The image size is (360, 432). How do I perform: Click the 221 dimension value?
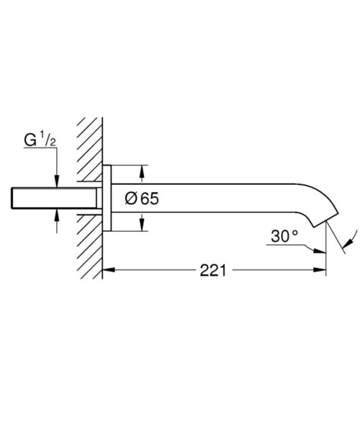point(212,270)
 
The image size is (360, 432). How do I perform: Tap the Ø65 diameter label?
point(142,199)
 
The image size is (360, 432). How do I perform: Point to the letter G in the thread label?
point(30,140)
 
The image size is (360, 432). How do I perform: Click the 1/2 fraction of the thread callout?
point(48,138)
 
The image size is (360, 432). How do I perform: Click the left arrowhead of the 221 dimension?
point(109,270)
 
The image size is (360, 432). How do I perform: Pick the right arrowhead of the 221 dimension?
point(320,270)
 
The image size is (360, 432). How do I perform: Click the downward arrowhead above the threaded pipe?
point(57,181)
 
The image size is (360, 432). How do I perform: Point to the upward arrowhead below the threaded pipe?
point(57,215)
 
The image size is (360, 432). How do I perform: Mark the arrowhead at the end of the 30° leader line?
point(320,251)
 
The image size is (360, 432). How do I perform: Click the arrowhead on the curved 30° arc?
point(348,243)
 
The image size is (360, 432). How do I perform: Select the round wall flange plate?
point(107,198)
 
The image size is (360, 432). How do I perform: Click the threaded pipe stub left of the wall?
point(54,198)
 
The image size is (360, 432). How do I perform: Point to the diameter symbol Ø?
point(131,199)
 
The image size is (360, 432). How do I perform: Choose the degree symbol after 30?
point(294,233)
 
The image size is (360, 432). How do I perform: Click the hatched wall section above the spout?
point(89,149)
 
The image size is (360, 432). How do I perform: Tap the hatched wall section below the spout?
point(89,247)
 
